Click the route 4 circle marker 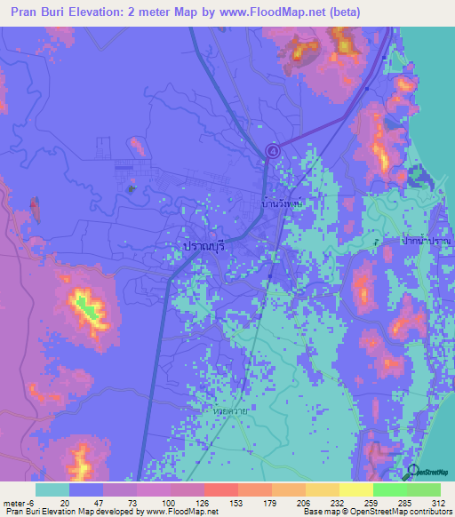pyautogui.click(x=273, y=151)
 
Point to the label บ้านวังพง pyautogui.click(x=283, y=203)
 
